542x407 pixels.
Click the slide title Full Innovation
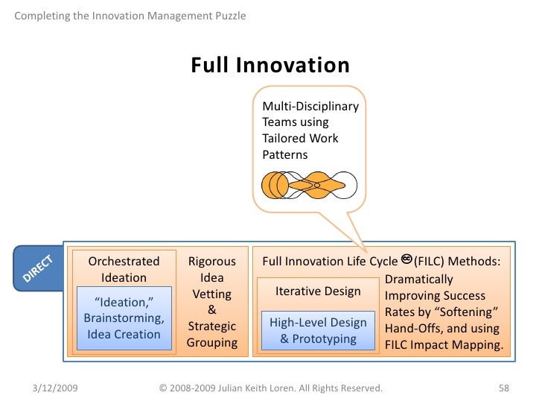[x=270, y=66]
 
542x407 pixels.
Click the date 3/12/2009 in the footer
[x=57, y=388]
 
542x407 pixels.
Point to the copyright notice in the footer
[x=271, y=388]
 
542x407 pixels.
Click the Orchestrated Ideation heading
[x=124, y=269]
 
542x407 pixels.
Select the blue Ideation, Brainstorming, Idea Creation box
[x=124, y=318]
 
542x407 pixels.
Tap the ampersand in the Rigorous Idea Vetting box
[x=211, y=310]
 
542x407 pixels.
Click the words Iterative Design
[x=318, y=291]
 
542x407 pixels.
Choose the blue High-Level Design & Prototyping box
[x=318, y=330]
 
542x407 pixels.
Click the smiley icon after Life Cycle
[x=406, y=259]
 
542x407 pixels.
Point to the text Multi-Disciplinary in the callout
[x=310, y=106]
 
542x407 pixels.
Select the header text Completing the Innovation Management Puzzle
[x=130, y=16]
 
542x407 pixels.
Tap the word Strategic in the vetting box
[x=211, y=326]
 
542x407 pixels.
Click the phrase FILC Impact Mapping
[x=444, y=346]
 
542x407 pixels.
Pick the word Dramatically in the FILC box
[x=419, y=279]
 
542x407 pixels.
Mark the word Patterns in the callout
[x=285, y=155]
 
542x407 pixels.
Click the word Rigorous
[x=211, y=262]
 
